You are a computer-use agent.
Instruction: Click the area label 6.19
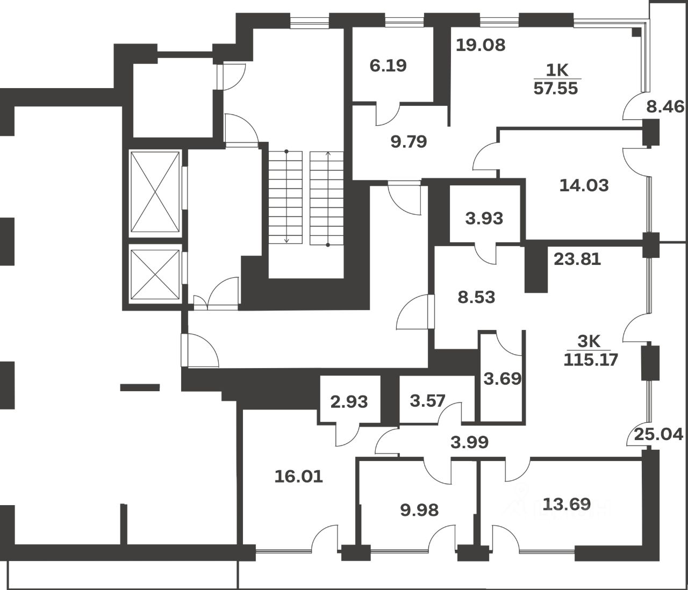click(388, 66)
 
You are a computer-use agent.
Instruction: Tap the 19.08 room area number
click(481, 45)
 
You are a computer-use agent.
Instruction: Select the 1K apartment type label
click(556, 69)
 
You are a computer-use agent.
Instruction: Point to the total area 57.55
click(556, 88)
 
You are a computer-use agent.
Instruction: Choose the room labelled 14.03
click(584, 185)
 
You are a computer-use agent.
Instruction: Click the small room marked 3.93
click(484, 218)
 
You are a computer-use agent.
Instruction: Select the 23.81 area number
click(577, 259)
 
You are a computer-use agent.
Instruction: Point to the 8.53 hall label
click(476, 297)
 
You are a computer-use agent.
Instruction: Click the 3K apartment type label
click(590, 341)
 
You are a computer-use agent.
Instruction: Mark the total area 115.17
click(591, 359)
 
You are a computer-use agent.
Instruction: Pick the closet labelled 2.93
click(349, 401)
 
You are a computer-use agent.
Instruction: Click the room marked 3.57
click(428, 400)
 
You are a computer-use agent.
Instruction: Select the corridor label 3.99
click(469, 442)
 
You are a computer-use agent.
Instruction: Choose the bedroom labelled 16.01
click(299, 476)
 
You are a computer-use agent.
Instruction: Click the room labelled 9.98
click(419, 509)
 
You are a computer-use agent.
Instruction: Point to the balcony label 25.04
click(658, 434)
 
